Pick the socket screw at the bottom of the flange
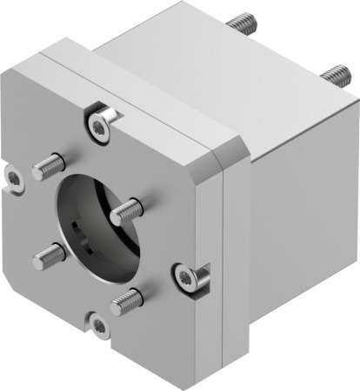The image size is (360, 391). click(100, 327)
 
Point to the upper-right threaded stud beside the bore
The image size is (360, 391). click(127, 209)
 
